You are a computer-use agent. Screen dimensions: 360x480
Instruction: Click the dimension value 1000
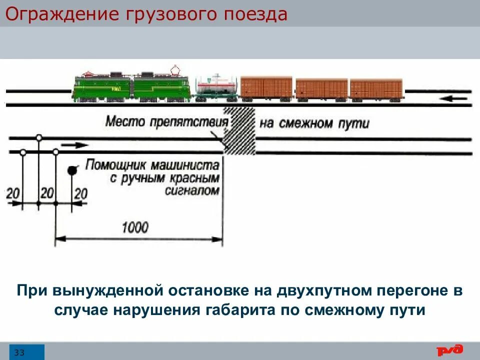[135, 227]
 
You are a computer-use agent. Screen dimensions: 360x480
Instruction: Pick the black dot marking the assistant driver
[72, 170]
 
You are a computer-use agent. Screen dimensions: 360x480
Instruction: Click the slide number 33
[20, 352]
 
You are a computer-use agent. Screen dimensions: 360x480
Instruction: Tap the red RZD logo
[450, 350]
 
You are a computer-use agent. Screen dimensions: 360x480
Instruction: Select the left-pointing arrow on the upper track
[455, 98]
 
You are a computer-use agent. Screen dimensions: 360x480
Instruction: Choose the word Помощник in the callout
[115, 165]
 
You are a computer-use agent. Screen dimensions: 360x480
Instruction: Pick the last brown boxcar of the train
[376, 89]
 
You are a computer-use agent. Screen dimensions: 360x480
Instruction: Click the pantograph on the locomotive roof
[175, 69]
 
